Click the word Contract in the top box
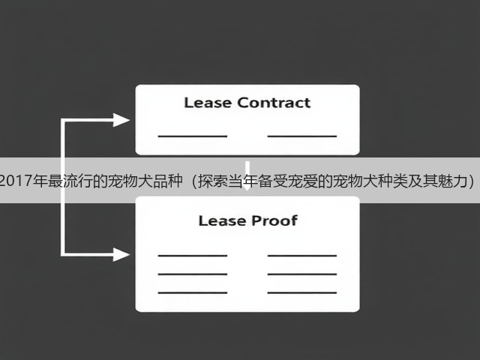point(274,103)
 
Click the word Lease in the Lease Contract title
point(208,103)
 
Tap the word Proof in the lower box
point(274,220)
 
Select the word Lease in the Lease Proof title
point(222,220)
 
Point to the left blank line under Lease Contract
point(193,136)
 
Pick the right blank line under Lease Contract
point(302,136)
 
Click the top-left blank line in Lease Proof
point(193,255)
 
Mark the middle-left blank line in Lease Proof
point(193,274)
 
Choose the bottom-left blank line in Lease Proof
point(193,292)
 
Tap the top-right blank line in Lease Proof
point(302,255)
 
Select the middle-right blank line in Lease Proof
point(302,274)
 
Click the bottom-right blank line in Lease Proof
point(302,292)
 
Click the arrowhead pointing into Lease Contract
point(121,120)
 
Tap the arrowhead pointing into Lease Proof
point(121,254)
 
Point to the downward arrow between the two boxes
point(247,175)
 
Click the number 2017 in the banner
point(16,181)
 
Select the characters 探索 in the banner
point(213,181)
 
